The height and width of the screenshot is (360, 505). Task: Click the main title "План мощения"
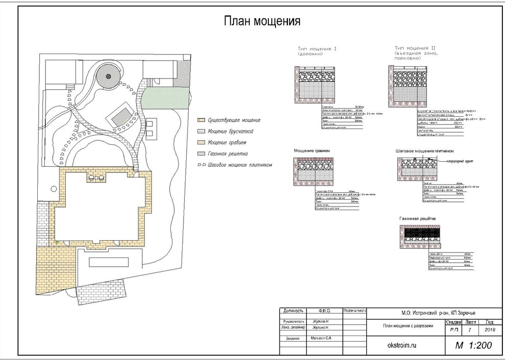pos(262,21)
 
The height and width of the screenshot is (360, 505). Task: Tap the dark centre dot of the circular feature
pos(108,76)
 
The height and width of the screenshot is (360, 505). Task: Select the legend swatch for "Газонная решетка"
pos(200,153)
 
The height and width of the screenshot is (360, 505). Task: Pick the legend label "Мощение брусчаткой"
pos(232,131)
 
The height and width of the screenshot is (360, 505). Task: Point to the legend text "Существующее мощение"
pos(234,120)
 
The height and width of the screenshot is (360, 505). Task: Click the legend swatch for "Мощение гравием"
pos(200,142)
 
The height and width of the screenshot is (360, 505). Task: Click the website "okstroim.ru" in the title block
pos(403,345)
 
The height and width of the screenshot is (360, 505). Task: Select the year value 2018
pos(489,330)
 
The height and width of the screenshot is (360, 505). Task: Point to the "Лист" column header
pos(471,322)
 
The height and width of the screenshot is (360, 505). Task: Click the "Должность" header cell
pos(293,311)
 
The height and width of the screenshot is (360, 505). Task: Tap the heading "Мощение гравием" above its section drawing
pos(312,151)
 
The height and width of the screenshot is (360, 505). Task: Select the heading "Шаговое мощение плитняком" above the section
pos(425,151)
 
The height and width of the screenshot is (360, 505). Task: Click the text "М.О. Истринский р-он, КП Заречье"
pos(424,313)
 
